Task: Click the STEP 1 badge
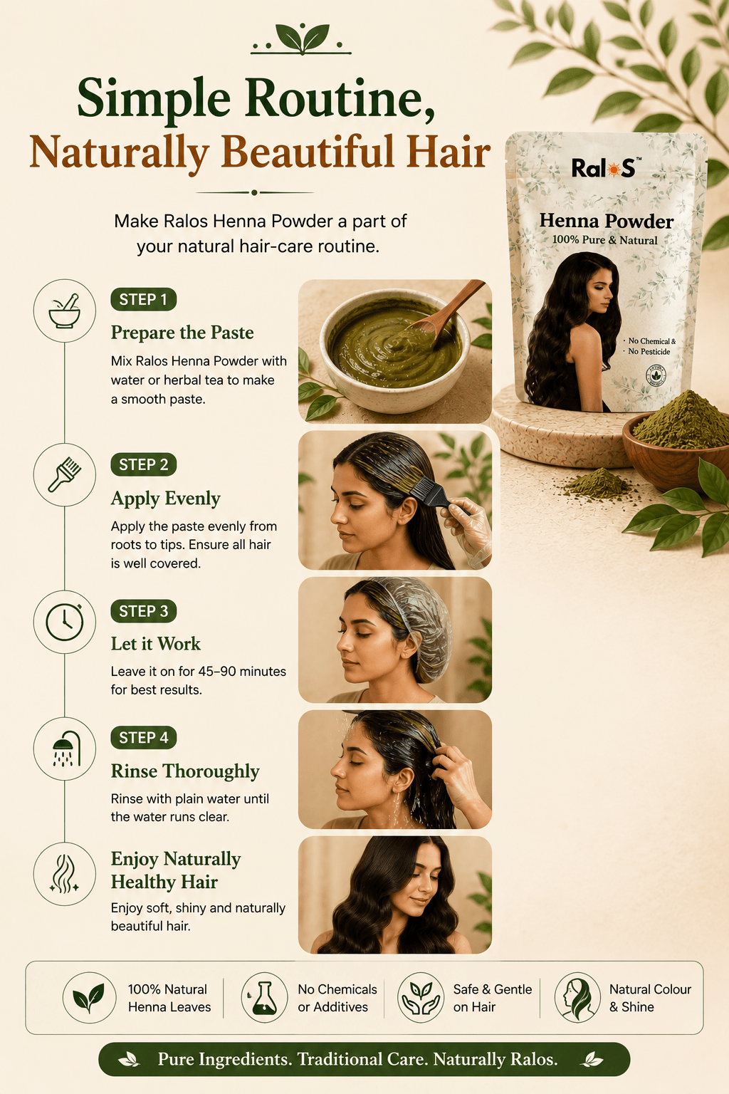click(144, 299)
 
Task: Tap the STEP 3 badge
click(144, 611)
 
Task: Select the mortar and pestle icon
click(65, 311)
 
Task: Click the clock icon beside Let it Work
click(65, 622)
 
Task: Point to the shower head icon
click(66, 749)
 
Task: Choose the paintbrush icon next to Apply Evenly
click(65, 474)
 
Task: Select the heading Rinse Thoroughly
click(185, 771)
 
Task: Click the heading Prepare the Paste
click(182, 333)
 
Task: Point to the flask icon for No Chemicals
click(264, 998)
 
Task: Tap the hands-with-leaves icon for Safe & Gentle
click(421, 998)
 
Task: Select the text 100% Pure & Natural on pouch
click(604, 240)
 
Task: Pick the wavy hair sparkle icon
click(65, 874)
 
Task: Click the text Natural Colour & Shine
click(650, 998)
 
